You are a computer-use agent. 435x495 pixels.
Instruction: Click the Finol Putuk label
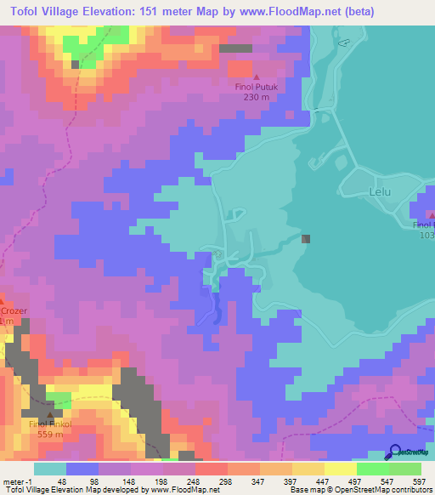pyautogui.click(x=257, y=87)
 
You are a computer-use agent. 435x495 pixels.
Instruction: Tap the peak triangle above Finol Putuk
pyautogui.click(x=257, y=77)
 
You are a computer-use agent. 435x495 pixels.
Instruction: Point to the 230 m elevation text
pyautogui.click(x=257, y=97)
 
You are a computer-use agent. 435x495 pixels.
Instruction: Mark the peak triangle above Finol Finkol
pyautogui.click(x=50, y=413)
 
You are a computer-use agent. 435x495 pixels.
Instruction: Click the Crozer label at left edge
pyautogui.click(x=14, y=311)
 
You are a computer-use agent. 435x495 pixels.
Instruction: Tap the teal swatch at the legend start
pyautogui.click(x=49, y=469)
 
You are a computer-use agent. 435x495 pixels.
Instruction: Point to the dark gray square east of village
pyautogui.click(x=306, y=240)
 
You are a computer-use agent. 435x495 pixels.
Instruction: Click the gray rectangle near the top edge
pyautogui.click(x=235, y=48)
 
